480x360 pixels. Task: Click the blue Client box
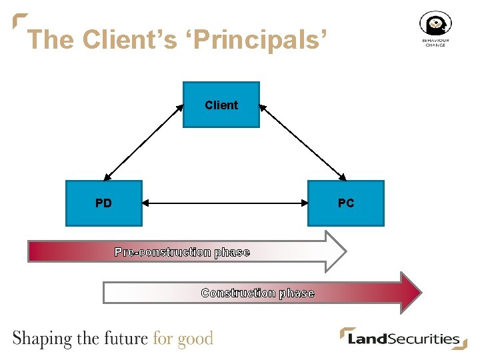[x=221, y=105]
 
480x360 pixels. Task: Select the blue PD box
[x=103, y=203]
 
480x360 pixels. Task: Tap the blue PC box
[x=346, y=203]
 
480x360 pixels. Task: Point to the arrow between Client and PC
[x=303, y=141]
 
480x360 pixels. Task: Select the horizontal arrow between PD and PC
[x=225, y=203]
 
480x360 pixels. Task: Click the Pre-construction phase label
[x=182, y=252]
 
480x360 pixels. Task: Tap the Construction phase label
[x=257, y=293]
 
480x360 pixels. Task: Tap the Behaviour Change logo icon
[x=435, y=25]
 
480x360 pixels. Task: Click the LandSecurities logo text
[x=404, y=339]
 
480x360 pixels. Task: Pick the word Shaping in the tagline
[x=42, y=339]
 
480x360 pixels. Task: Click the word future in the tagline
[x=125, y=338]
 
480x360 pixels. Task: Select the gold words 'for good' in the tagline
[x=183, y=339]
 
